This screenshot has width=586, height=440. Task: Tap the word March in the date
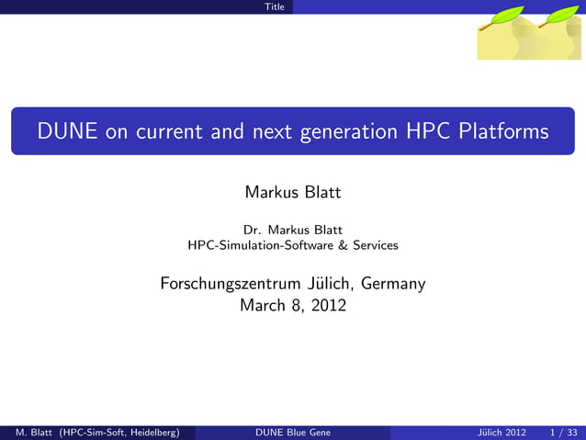pyautogui.click(x=262, y=305)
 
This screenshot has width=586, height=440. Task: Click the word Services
pyautogui.click(x=375, y=245)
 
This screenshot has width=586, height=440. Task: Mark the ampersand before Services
pyautogui.click(x=343, y=245)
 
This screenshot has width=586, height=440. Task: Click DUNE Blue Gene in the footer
pyautogui.click(x=292, y=433)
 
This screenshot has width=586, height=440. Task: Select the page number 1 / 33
pyautogui.click(x=562, y=433)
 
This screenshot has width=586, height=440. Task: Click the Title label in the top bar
pyautogui.click(x=274, y=6)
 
